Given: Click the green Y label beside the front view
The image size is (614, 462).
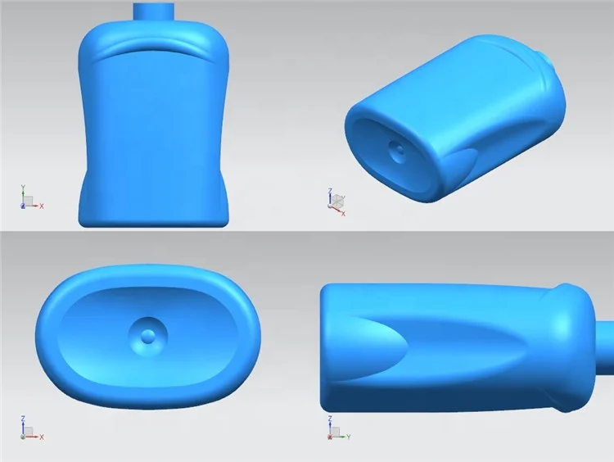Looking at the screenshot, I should pyautogui.click(x=23, y=187).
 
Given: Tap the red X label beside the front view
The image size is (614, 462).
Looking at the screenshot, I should pyautogui.click(x=42, y=206).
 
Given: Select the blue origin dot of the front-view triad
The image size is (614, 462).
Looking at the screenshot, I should pyautogui.click(x=23, y=205).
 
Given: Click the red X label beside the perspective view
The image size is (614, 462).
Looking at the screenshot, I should pyautogui.click(x=343, y=214).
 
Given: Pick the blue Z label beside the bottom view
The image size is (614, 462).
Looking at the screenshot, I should pyautogui.click(x=23, y=419).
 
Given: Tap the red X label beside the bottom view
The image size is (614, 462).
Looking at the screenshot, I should pyautogui.click(x=42, y=437).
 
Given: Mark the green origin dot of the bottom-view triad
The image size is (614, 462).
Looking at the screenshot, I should pyautogui.click(x=23, y=437).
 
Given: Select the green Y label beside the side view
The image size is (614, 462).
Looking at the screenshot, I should pyautogui.click(x=348, y=437).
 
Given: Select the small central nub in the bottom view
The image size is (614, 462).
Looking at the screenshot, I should pyautogui.click(x=148, y=335).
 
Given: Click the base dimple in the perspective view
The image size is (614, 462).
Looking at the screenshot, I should pyautogui.click(x=398, y=150).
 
